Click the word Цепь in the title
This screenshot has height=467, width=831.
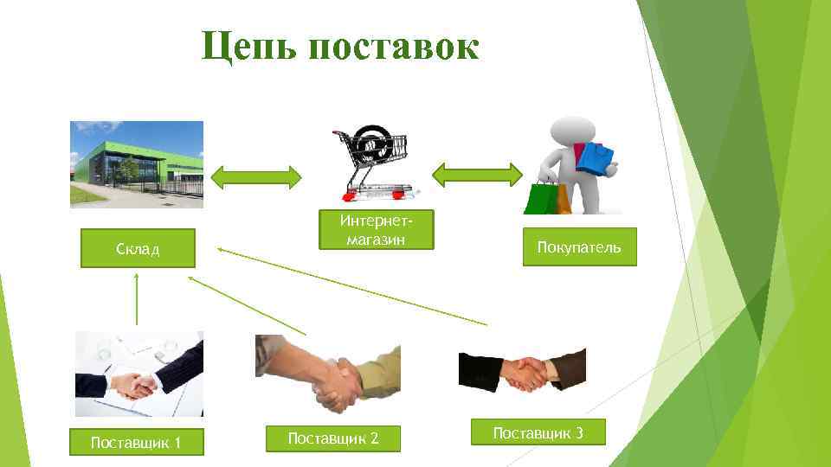[247, 47]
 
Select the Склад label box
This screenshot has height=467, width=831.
[138, 248]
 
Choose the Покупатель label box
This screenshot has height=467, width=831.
[578, 247]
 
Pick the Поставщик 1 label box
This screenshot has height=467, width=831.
[136, 443]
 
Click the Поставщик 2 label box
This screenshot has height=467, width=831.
[333, 438]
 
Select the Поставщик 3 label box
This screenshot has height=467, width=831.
[538, 432]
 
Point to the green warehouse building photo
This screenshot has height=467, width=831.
[137, 164]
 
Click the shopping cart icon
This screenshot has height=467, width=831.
[372, 160]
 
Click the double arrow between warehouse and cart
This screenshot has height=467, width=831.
[257, 176]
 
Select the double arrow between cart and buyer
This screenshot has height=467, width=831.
[475, 175]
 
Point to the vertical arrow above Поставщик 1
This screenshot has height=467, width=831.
[136, 298]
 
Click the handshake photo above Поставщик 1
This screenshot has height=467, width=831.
[139, 374]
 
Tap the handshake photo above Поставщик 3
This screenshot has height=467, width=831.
[522, 369]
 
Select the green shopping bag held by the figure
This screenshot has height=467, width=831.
[541, 196]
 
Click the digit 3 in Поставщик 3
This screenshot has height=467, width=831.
[578, 432]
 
